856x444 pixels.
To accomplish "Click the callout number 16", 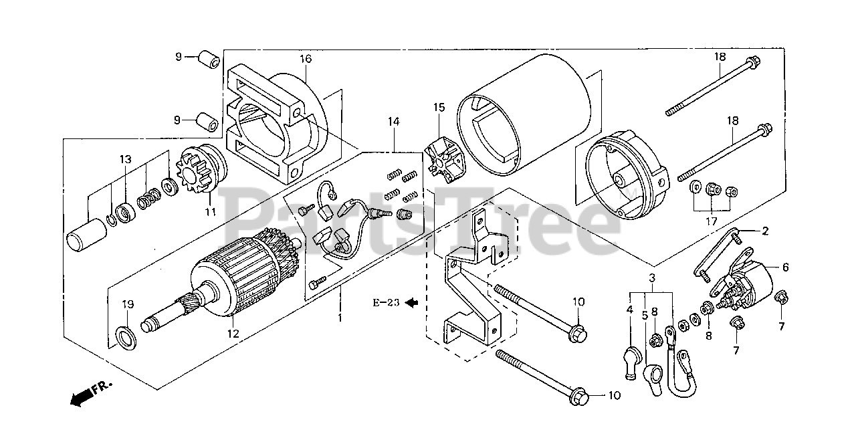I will coord(305,59).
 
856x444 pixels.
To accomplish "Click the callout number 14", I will coord(393,122).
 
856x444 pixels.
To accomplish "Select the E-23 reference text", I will coord(386,303).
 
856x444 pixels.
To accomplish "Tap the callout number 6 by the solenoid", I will coord(786,267).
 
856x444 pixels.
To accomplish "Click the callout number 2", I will coord(765,231).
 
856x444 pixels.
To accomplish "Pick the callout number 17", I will coord(712,221).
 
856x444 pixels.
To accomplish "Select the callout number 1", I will coord(340,318).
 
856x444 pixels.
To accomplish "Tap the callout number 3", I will coord(651,277).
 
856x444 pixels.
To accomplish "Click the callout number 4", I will coord(629,310).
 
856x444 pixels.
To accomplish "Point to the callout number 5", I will coord(645,315).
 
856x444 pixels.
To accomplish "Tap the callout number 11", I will coord(211,212).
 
